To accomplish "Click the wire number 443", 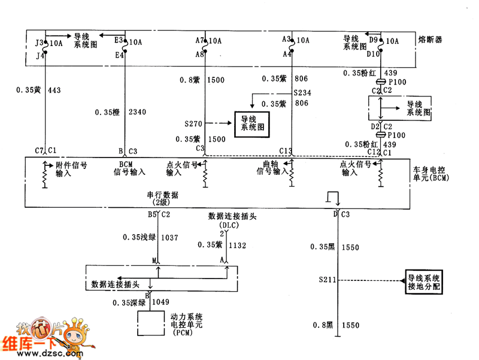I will pos(55,90).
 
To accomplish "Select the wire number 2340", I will pos(137,111).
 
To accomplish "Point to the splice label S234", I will pos(303,93).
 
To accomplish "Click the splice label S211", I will pos(328,280).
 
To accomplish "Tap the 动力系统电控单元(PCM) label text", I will pos(187,323).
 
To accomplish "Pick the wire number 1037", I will pos(170,238).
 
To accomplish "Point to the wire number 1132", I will pos(238,245).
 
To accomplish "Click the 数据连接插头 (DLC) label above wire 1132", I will pos(229,219).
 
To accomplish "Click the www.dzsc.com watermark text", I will pos(44,354).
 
